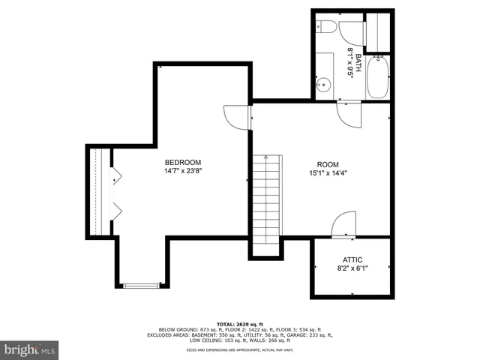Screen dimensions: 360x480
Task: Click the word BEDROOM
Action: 183,162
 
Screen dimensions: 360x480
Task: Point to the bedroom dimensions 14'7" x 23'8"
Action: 183,171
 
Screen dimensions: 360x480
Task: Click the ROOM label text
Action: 328,165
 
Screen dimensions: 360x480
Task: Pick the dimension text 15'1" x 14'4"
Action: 328,174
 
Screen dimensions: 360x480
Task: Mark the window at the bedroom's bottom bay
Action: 141,285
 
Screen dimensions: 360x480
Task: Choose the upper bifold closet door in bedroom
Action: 115,176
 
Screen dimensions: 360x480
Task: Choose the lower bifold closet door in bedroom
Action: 115,209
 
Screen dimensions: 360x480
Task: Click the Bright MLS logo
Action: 30,349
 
